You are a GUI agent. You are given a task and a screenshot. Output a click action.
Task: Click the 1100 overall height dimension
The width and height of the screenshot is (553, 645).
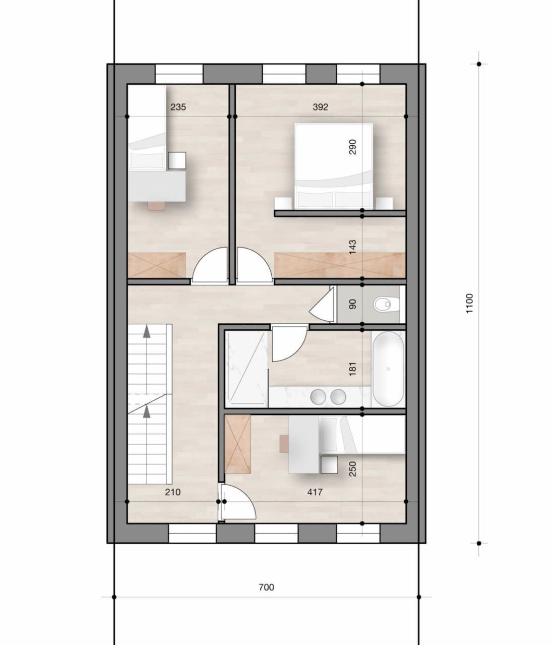click(x=469, y=304)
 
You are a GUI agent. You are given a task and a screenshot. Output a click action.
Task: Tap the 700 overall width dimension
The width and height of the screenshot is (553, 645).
click(x=266, y=587)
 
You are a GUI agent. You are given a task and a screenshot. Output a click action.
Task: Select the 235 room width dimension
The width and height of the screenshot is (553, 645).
click(x=178, y=107)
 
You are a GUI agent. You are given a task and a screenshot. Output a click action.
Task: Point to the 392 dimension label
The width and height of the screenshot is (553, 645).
click(x=320, y=107)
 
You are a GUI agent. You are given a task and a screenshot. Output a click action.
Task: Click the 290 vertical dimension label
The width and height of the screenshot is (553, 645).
click(x=352, y=147)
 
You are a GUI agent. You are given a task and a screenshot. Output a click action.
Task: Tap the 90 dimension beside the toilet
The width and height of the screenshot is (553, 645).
click(x=352, y=304)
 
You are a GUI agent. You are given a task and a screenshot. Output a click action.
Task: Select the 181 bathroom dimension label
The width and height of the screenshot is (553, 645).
click(x=352, y=368)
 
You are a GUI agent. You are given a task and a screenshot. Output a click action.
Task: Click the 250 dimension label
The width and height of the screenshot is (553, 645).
click(x=352, y=470)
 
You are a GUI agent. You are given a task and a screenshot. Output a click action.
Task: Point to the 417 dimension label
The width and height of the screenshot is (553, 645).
click(x=315, y=492)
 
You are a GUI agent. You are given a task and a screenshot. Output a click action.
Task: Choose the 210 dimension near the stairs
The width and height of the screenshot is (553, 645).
click(x=172, y=492)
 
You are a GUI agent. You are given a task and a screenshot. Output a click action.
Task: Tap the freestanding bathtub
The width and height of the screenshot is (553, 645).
click(x=388, y=369)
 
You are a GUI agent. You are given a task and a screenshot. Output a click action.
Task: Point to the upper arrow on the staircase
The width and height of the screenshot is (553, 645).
click(x=147, y=331)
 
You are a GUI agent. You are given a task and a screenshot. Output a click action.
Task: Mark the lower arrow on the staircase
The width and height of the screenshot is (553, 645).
click(x=147, y=412)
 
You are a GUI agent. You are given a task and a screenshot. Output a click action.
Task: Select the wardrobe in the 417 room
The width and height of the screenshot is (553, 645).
click(x=238, y=444)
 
